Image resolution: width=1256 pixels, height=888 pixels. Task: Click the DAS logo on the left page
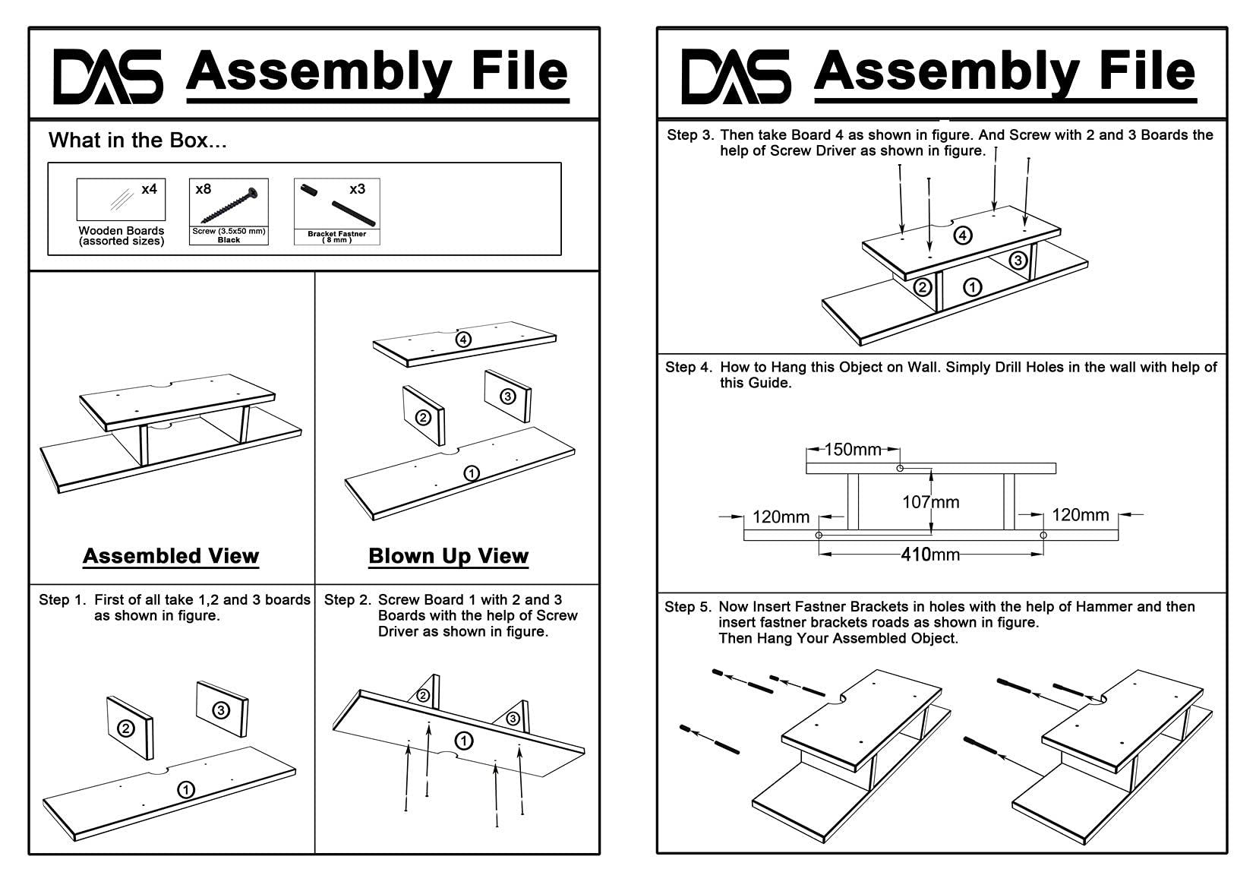pyautogui.click(x=108, y=76)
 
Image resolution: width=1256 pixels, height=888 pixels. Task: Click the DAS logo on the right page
pyautogui.click(x=736, y=76)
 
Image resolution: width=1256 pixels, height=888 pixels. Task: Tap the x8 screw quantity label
pyautogui.click(x=204, y=189)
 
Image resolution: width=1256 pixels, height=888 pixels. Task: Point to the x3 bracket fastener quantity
pyautogui.click(x=357, y=189)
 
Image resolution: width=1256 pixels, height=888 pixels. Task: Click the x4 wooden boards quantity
pyautogui.click(x=149, y=189)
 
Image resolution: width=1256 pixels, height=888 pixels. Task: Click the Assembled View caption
pyautogui.click(x=171, y=556)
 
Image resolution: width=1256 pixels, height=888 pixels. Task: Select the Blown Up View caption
pyautogui.click(x=448, y=556)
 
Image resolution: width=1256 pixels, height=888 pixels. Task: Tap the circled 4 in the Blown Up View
pyautogui.click(x=463, y=340)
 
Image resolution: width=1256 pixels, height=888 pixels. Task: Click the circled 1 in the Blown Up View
pyautogui.click(x=472, y=473)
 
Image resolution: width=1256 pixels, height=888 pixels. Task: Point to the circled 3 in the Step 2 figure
pyautogui.click(x=513, y=719)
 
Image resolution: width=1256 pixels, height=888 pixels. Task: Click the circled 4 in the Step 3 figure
pyautogui.click(x=963, y=235)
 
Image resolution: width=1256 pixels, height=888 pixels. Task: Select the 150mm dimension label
pyautogui.click(x=853, y=450)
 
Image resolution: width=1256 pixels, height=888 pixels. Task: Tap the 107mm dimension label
pyautogui.click(x=931, y=502)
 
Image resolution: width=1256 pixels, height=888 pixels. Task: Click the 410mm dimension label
pyautogui.click(x=930, y=555)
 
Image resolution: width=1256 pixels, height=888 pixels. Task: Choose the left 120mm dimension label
pyautogui.click(x=781, y=517)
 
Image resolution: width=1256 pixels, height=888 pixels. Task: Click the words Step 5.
pyautogui.click(x=688, y=607)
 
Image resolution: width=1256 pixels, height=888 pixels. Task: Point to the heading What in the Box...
pyautogui.click(x=137, y=141)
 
